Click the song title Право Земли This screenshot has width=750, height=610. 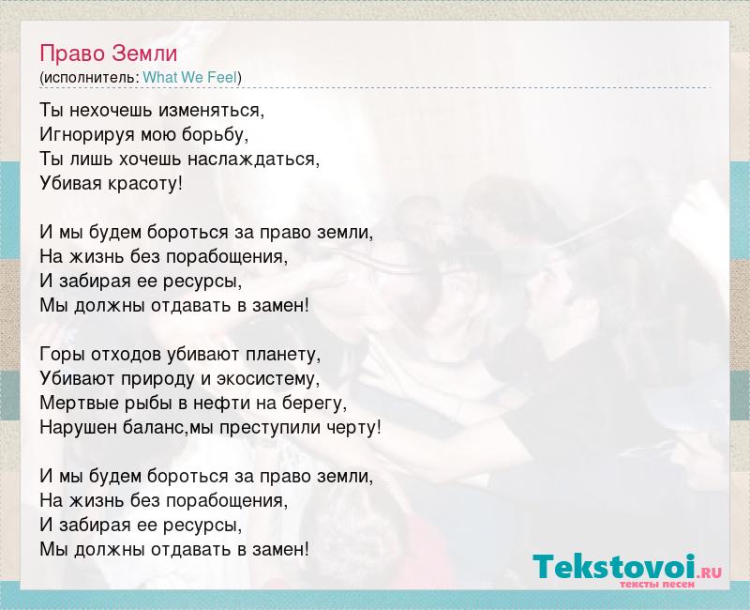coord(109,54)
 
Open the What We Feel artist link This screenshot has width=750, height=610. coord(190,78)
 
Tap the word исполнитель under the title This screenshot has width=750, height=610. coord(91,78)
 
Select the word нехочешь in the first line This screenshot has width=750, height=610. coord(112,111)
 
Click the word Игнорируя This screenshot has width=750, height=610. coord(87,136)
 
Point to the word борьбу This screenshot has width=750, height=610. coord(215,136)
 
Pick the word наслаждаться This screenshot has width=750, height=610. coord(253,160)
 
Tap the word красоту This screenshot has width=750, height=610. coord(145,184)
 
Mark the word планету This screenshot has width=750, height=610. coord(283,355)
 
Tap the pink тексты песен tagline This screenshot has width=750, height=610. coord(657,585)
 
